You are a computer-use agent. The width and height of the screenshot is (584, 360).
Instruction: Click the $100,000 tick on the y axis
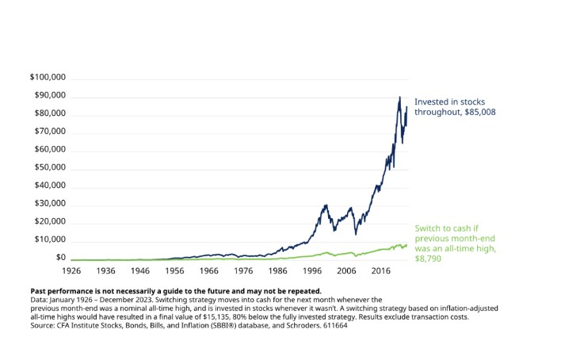tap(47, 78)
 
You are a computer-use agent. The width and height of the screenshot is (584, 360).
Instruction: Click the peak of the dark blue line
tap(399, 97)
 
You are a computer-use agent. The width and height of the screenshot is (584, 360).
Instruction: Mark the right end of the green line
tap(407, 244)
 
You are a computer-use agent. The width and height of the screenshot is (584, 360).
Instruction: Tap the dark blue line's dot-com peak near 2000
tap(324, 205)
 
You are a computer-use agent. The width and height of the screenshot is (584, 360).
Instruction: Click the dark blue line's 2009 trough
tap(356, 234)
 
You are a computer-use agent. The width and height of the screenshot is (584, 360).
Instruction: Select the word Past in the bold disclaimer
tap(40, 291)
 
